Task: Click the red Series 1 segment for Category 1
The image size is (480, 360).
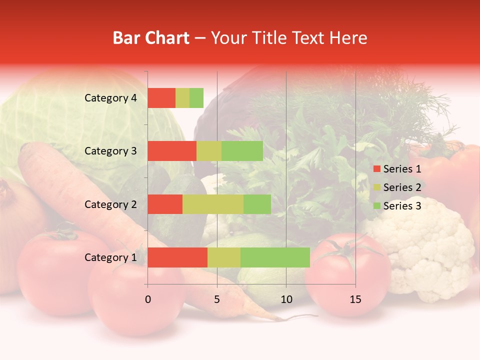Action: [x=177, y=257]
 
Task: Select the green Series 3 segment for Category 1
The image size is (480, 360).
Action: [x=275, y=257]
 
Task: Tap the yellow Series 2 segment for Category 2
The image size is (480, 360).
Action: [x=213, y=204]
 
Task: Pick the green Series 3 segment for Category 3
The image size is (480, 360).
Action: [x=242, y=151]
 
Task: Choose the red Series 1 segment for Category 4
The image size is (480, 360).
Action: [x=161, y=98]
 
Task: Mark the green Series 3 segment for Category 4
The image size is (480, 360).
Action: [x=196, y=98]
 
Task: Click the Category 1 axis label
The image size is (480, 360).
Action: [x=110, y=257]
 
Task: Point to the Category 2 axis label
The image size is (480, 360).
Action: [x=110, y=204]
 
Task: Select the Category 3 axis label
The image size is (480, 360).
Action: [x=110, y=151]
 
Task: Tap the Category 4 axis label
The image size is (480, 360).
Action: [x=110, y=98]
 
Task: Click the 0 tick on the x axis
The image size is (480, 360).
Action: [x=148, y=299]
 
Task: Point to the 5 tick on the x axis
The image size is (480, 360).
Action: [x=217, y=299]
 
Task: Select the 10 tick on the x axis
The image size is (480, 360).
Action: [x=286, y=299]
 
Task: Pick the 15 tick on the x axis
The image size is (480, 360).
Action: [x=355, y=299]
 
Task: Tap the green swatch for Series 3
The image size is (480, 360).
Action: [x=376, y=206]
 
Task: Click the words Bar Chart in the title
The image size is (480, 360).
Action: [x=151, y=38]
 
